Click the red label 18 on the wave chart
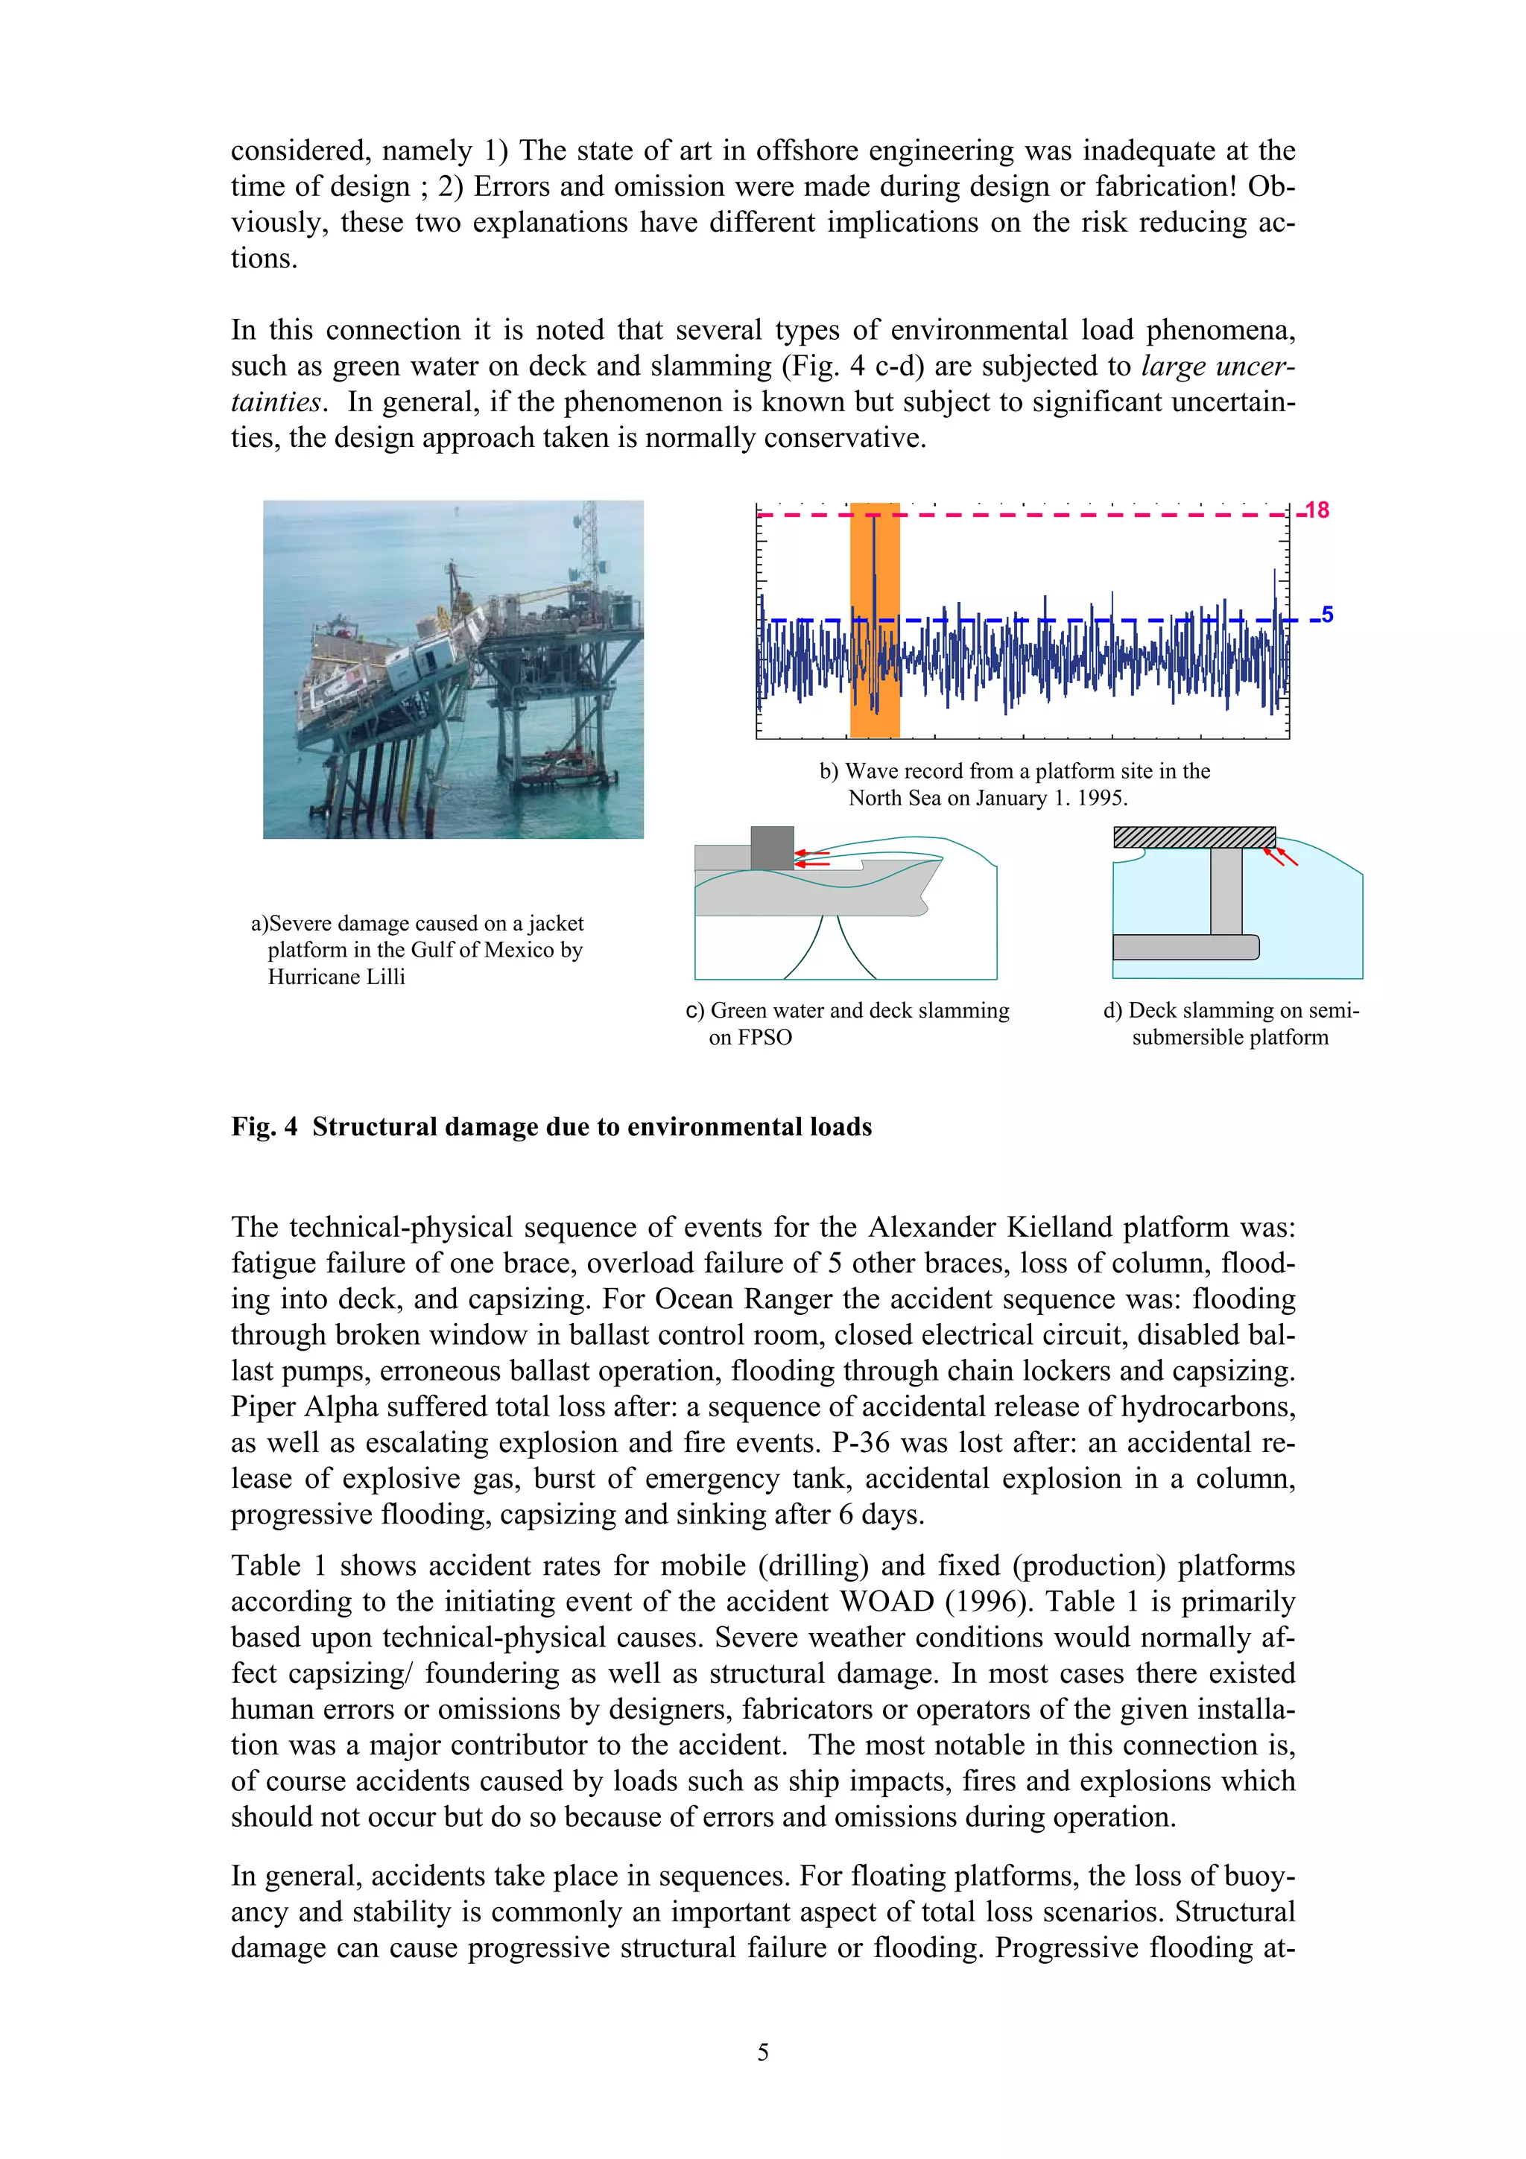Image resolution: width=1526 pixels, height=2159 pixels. click(x=1317, y=510)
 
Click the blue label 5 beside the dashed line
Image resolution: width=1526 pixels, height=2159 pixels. click(x=1326, y=615)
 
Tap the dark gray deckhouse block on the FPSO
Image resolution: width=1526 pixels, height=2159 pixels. click(x=772, y=848)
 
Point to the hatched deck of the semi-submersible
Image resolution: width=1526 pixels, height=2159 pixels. click(x=1194, y=837)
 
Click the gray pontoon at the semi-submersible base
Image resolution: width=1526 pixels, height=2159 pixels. click(x=1185, y=947)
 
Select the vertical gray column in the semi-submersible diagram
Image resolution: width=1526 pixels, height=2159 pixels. click(x=1226, y=890)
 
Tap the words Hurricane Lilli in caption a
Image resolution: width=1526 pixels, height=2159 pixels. click(x=337, y=977)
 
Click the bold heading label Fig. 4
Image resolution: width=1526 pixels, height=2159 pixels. click(x=265, y=1126)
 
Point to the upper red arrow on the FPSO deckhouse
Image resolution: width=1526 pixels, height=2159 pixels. click(x=811, y=854)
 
